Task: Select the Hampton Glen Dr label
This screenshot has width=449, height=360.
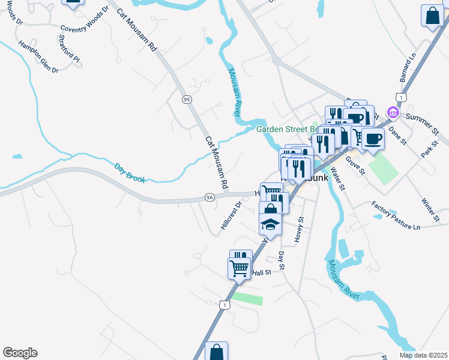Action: pos(38,57)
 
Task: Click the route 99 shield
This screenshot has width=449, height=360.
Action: pos(186,100)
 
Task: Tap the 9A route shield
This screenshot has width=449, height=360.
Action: pos(209,196)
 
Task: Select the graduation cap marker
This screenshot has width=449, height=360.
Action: pos(270,226)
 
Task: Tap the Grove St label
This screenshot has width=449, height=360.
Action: pos(356,166)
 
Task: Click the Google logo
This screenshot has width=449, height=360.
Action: pos(20,353)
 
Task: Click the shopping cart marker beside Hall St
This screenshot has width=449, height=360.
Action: pos(239,268)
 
